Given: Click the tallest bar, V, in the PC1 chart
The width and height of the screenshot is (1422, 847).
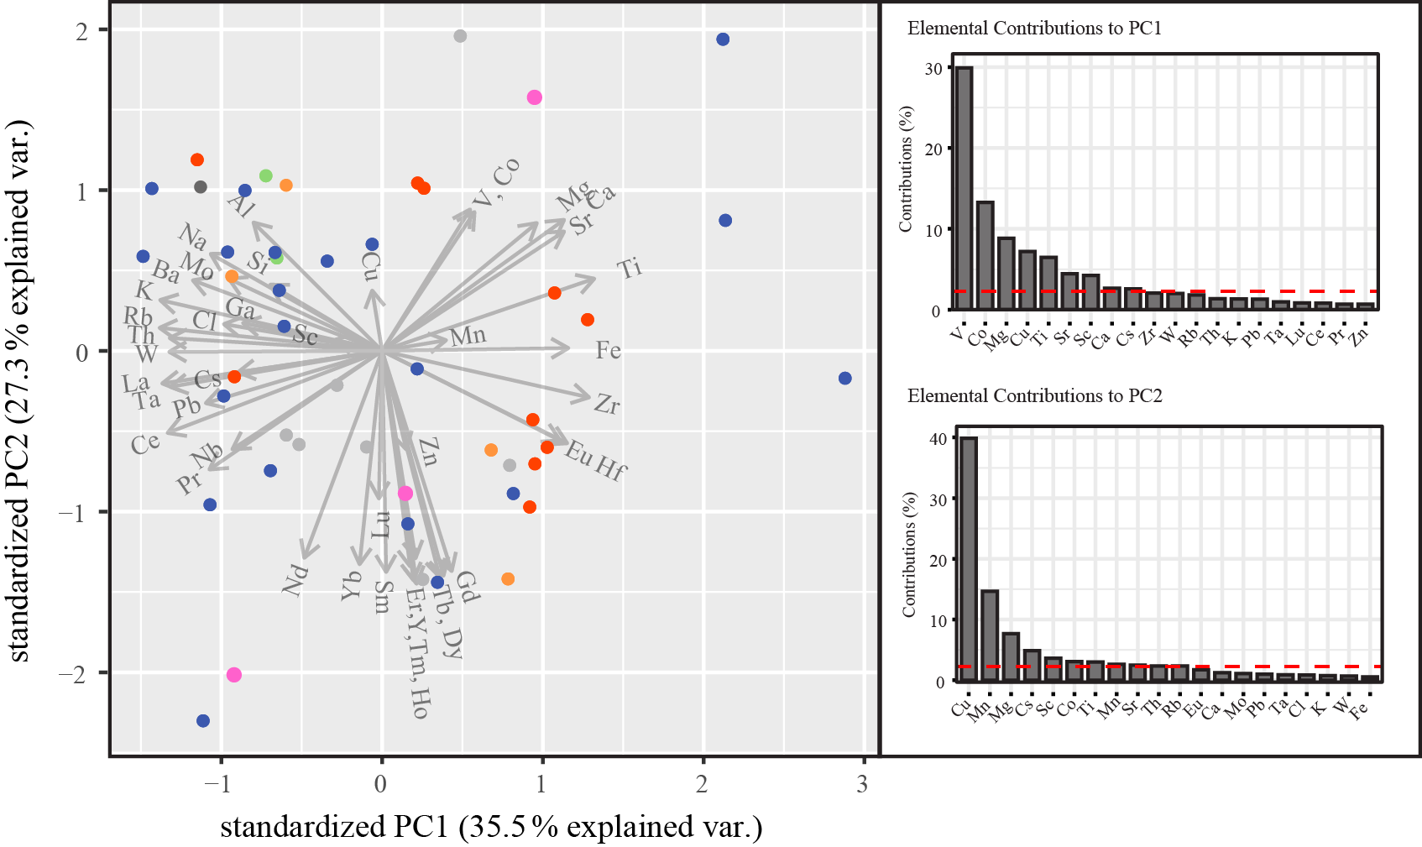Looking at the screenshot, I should pyautogui.click(x=964, y=189).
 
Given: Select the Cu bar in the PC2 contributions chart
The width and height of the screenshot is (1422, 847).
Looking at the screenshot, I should pyautogui.click(x=969, y=559).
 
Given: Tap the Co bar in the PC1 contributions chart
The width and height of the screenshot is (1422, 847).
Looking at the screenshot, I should pyautogui.click(x=985, y=255).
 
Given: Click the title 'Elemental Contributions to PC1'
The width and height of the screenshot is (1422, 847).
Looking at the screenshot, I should pyautogui.click(x=1034, y=29).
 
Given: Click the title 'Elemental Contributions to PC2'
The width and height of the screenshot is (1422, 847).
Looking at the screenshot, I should pyautogui.click(x=1034, y=396).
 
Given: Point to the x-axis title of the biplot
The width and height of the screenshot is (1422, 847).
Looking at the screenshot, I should pyautogui.click(x=491, y=827).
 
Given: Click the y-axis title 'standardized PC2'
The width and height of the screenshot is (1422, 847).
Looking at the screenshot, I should pyautogui.click(x=18, y=390).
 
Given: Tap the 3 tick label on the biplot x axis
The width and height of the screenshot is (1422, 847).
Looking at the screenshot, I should pyautogui.click(x=862, y=785).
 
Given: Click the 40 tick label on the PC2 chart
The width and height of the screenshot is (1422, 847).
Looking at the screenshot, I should pyautogui.click(x=938, y=439).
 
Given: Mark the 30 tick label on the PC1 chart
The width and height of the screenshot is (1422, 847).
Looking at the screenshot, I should pyautogui.click(x=933, y=69).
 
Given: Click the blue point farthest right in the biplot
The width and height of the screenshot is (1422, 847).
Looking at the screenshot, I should pyautogui.click(x=844, y=379).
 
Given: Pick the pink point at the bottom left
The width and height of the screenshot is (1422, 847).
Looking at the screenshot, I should pyautogui.click(x=234, y=675).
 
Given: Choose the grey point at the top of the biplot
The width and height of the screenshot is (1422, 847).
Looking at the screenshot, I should pyautogui.click(x=460, y=36).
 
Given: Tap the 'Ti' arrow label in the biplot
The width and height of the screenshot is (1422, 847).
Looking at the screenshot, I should pyautogui.click(x=630, y=269).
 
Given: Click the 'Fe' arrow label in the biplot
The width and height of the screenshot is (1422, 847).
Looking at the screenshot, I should pyautogui.click(x=609, y=350).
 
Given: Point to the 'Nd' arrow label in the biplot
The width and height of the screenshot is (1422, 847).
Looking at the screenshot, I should pyautogui.click(x=295, y=580).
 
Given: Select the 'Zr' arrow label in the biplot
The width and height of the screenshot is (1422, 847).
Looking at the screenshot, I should pyautogui.click(x=607, y=405).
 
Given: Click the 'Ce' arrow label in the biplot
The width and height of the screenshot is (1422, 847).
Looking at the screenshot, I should pyautogui.click(x=145, y=443).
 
